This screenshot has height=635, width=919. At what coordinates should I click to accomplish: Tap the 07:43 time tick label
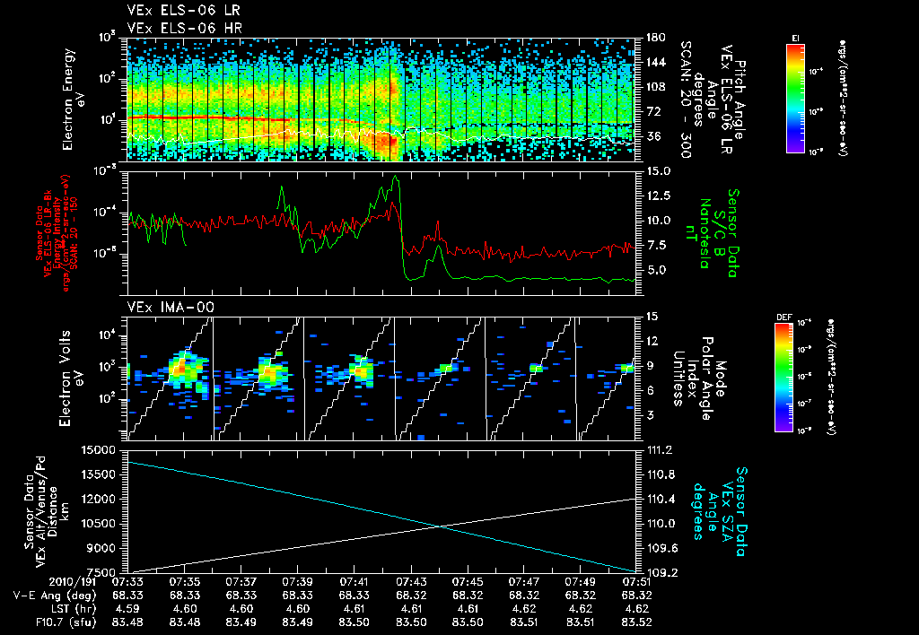tap(410, 581)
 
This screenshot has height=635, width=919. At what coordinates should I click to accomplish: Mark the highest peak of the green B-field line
tap(396, 177)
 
